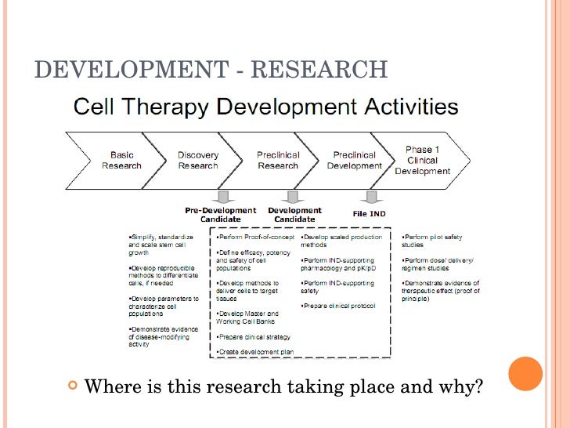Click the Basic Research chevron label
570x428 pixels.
(x=122, y=160)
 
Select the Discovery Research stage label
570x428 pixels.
(x=198, y=160)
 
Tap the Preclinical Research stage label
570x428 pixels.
(x=278, y=160)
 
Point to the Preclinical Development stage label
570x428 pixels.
(x=355, y=160)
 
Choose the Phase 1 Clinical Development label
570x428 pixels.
(x=423, y=160)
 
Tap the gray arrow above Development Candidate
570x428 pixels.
(x=294, y=195)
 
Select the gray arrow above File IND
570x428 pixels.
(x=370, y=195)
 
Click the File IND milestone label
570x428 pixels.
(x=370, y=213)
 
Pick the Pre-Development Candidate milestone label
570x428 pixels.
(x=220, y=215)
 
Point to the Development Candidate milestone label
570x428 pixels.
(x=294, y=215)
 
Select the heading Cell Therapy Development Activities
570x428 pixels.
(x=265, y=107)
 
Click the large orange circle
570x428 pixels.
(x=525, y=374)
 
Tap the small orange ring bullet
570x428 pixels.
(x=73, y=385)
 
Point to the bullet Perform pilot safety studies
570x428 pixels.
(x=433, y=240)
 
